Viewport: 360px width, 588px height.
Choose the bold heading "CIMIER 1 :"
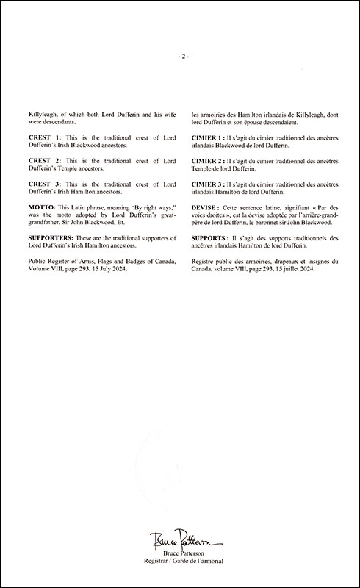pyautogui.click(x=211, y=139)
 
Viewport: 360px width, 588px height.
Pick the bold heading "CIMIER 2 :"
pyautogui.click(x=211, y=159)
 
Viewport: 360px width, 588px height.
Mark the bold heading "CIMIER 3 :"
pyautogui.click(x=211, y=181)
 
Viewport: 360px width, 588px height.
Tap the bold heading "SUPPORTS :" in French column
pyautogui.click(x=212, y=240)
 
